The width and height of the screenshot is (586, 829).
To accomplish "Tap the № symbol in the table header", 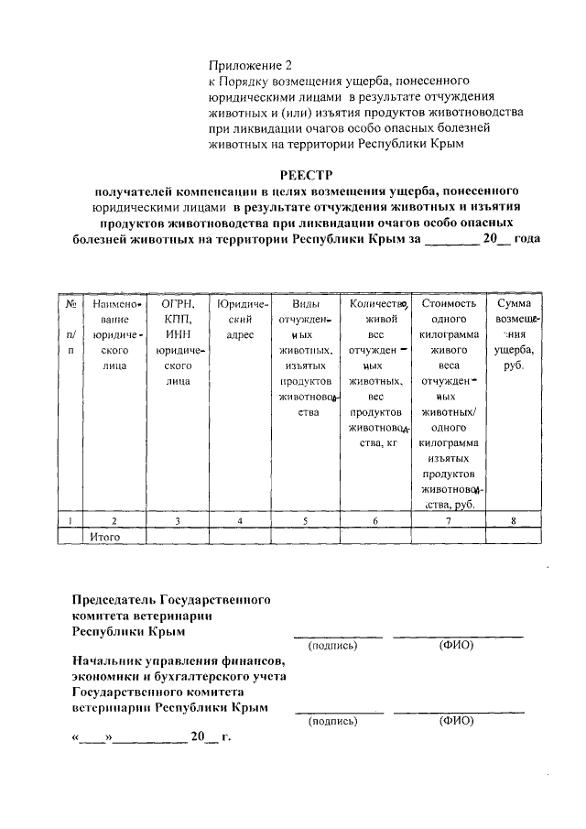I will coord(70,303).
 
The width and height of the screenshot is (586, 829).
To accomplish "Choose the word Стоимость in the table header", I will coord(449,303).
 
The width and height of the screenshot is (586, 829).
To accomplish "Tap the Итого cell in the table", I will coord(106,536).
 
